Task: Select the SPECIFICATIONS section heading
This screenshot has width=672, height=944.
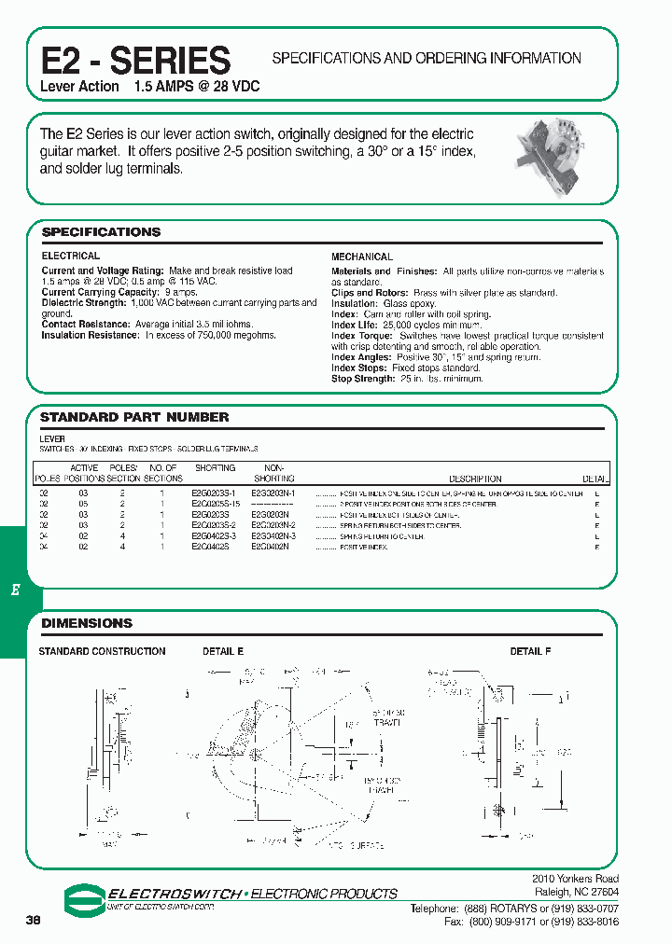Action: [x=101, y=232]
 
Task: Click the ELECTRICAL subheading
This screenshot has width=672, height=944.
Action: [x=70, y=256]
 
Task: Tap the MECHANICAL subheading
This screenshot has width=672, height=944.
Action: [x=362, y=257]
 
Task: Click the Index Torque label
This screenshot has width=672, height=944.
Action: [x=360, y=336]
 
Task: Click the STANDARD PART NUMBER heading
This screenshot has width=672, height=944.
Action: [x=134, y=417]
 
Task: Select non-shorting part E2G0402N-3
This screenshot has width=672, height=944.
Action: [x=273, y=536]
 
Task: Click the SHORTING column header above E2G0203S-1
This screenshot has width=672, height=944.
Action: [x=215, y=468]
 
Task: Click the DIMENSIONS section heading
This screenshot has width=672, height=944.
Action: [x=87, y=623]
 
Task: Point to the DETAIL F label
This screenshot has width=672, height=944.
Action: [x=530, y=651]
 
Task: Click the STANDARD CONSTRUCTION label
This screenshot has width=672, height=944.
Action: [x=102, y=651]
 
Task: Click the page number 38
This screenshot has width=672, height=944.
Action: [x=34, y=920]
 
